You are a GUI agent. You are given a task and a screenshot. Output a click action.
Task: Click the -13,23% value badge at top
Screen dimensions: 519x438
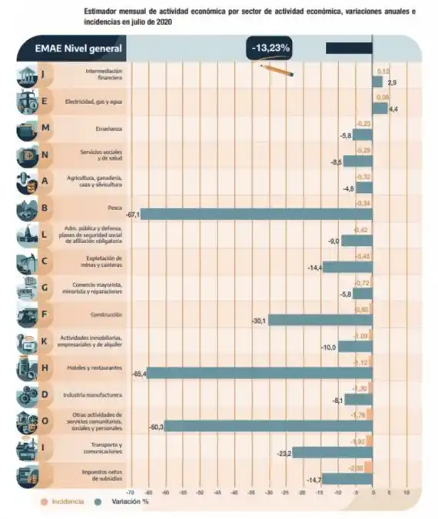click(270, 48)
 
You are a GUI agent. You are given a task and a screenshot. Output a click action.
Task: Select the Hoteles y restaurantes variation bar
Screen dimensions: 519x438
click(260, 373)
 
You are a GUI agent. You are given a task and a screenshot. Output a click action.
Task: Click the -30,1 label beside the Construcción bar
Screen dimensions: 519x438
click(258, 321)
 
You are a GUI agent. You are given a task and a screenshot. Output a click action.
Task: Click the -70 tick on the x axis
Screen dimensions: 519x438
click(129, 491)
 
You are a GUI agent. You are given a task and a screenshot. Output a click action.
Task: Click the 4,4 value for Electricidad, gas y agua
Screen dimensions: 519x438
click(393, 110)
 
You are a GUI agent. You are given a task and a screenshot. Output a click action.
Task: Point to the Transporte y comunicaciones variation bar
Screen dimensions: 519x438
click(332, 453)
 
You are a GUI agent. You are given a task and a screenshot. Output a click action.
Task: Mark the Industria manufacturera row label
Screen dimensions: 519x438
click(102, 394)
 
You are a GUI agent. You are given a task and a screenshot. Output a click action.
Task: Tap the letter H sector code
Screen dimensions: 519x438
click(45, 367)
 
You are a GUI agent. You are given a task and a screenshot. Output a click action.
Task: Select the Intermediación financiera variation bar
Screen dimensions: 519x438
click(377, 82)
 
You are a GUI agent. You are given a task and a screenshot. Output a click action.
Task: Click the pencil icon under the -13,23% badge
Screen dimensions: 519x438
click(277, 69)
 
